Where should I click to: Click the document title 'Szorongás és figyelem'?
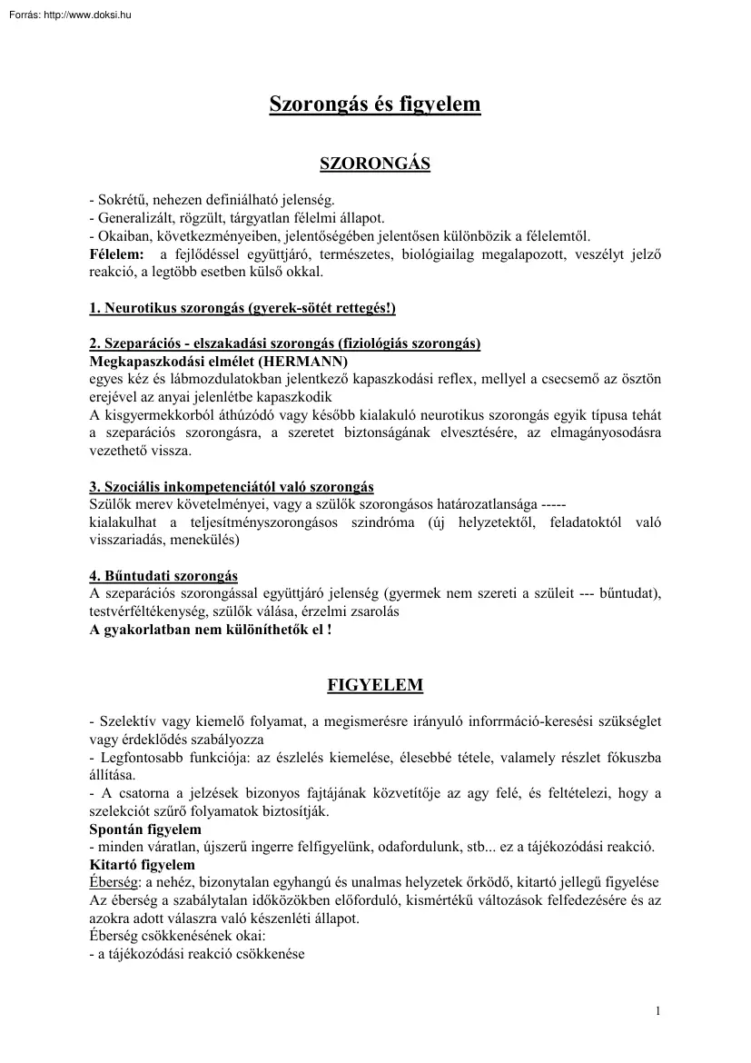[x=374, y=104]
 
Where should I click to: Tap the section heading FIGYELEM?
[x=374, y=684]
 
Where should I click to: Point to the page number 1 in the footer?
[x=657, y=1011]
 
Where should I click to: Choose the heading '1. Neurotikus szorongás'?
[x=242, y=308]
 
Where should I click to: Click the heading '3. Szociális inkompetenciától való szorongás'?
[x=232, y=487]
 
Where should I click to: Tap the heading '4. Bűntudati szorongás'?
[x=163, y=576]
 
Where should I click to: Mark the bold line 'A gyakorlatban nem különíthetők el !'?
[x=211, y=629]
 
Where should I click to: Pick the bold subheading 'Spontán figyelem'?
[x=145, y=830]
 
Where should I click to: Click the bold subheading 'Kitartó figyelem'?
[x=142, y=864]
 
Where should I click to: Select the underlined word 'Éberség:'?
[x=114, y=882]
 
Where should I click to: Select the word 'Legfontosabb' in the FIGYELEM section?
[x=137, y=757]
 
